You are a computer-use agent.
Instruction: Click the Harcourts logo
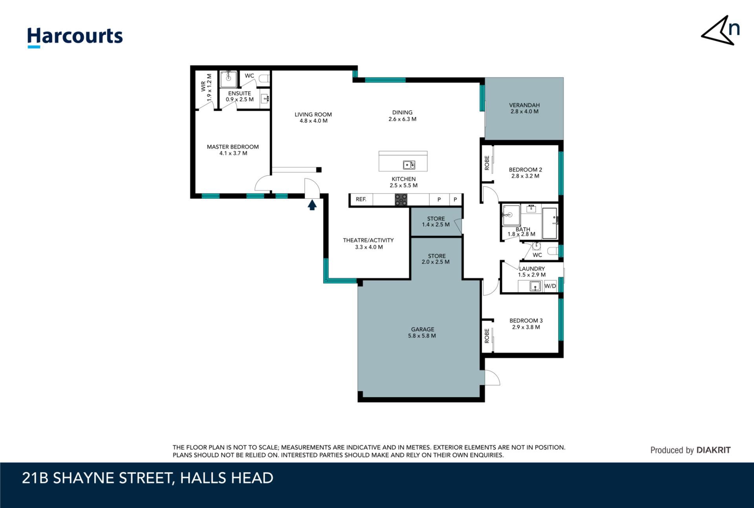(x=75, y=38)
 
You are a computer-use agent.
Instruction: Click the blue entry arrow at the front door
(x=312, y=205)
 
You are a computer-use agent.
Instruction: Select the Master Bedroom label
(x=233, y=150)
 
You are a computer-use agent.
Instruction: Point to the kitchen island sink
(x=409, y=165)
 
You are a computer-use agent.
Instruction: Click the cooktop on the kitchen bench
(x=401, y=200)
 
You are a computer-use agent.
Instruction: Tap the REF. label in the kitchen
(x=361, y=199)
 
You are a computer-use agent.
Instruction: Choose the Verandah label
(x=524, y=108)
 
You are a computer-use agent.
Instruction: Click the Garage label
(x=423, y=332)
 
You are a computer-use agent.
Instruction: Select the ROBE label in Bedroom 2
(x=487, y=163)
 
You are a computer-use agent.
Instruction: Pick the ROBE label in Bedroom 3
(x=487, y=336)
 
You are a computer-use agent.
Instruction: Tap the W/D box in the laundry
(x=550, y=286)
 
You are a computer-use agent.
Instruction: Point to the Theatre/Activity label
(x=368, y=244)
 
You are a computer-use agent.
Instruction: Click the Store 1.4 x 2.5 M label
(x=436, y=222)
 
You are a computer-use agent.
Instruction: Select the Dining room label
(x=403, y=116)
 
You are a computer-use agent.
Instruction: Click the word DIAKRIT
(x=714, y=450)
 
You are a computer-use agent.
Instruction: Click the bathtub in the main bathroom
(x=549, y=224)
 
